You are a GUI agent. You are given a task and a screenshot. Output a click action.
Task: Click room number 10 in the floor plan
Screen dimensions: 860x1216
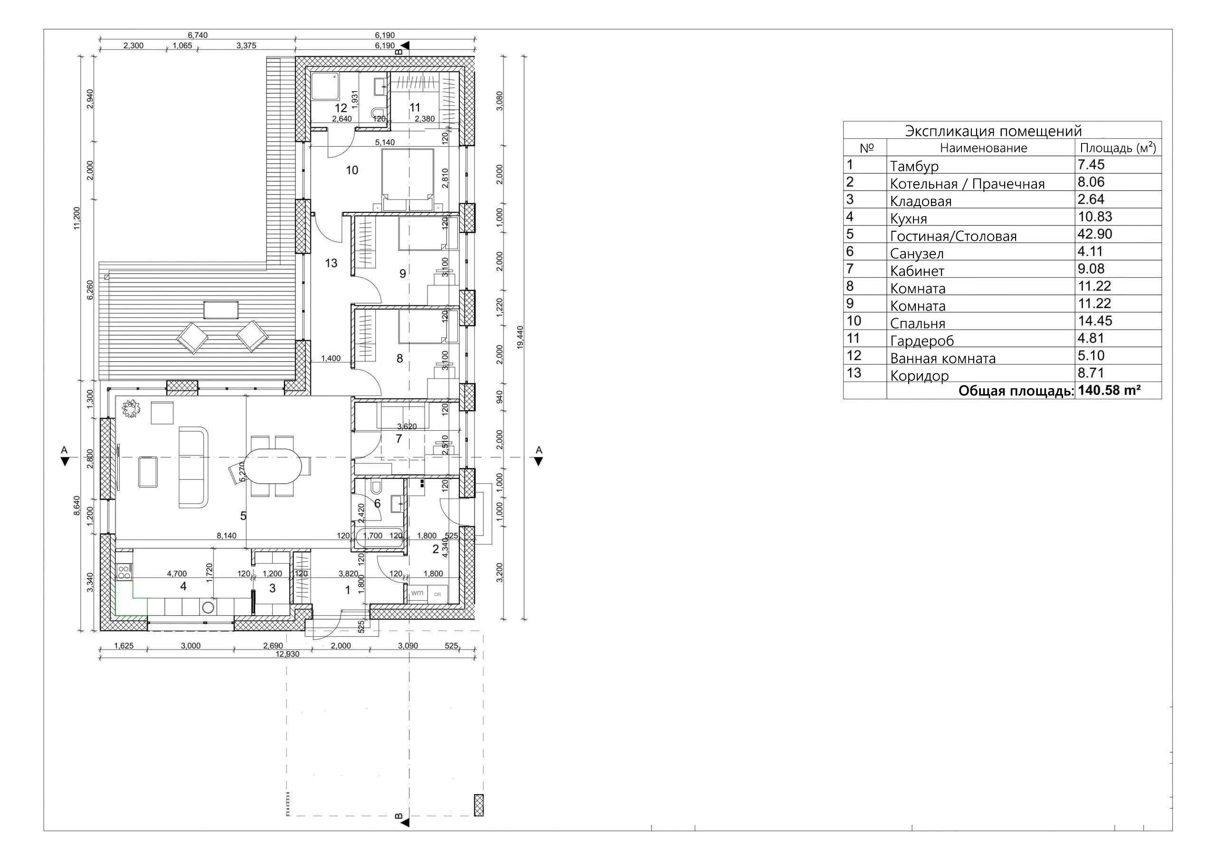[x=352, y=170]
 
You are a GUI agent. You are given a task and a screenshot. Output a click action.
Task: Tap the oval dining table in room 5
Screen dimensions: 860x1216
[x=273, y=466]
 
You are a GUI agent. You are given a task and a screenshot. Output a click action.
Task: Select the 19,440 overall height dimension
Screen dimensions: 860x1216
[x=520, y=337]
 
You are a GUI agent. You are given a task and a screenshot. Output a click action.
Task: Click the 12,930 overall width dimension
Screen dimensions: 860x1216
[x=287, y=654]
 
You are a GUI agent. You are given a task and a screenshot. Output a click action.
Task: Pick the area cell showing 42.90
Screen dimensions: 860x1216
[x=1095, y=234]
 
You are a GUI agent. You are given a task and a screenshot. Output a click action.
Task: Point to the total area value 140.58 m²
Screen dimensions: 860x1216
[x=1109, y=391]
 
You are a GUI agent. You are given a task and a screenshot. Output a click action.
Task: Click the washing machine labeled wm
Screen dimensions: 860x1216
[x=418, y=593]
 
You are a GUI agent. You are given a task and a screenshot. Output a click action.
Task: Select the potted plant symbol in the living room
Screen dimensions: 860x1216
[x=130, y=409]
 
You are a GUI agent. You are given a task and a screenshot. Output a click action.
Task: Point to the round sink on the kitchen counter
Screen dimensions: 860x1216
[x=208, y=607]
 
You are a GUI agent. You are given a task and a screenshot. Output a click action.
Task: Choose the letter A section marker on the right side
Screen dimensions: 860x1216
[x=539, y=451]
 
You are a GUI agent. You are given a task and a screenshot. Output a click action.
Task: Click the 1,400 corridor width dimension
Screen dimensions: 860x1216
[x=331, y=359]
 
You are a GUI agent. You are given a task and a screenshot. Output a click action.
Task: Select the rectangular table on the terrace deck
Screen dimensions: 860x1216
[x=221, y=310]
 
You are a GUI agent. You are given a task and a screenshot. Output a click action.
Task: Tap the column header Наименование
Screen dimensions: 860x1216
[x=983, y=148]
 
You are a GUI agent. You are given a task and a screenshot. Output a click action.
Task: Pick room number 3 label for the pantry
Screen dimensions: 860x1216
[x=272, y=588]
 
